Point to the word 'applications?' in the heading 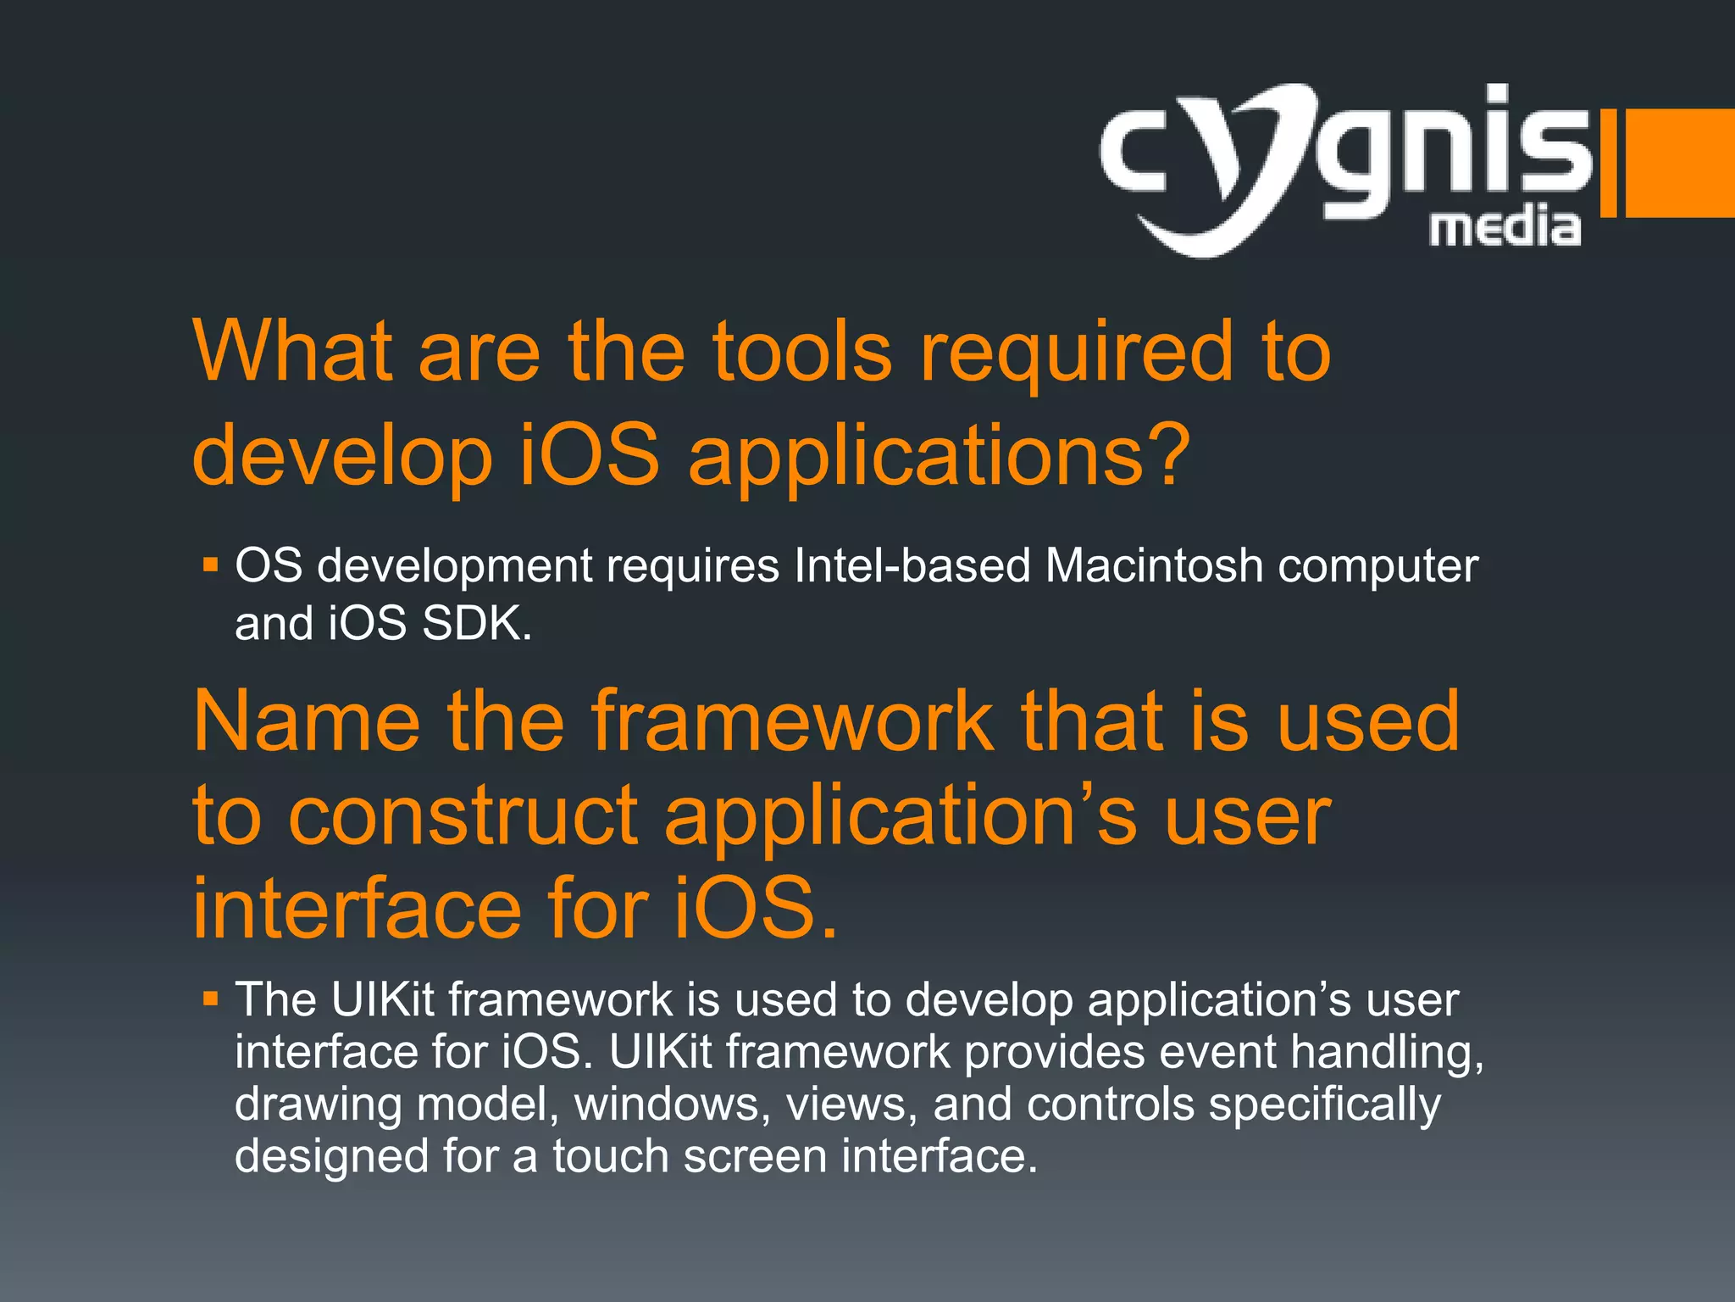(940, 458)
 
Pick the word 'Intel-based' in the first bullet (912, 565)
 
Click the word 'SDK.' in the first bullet (477, 624)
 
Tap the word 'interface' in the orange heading (356, 909)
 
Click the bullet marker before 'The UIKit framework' (211, 999)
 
